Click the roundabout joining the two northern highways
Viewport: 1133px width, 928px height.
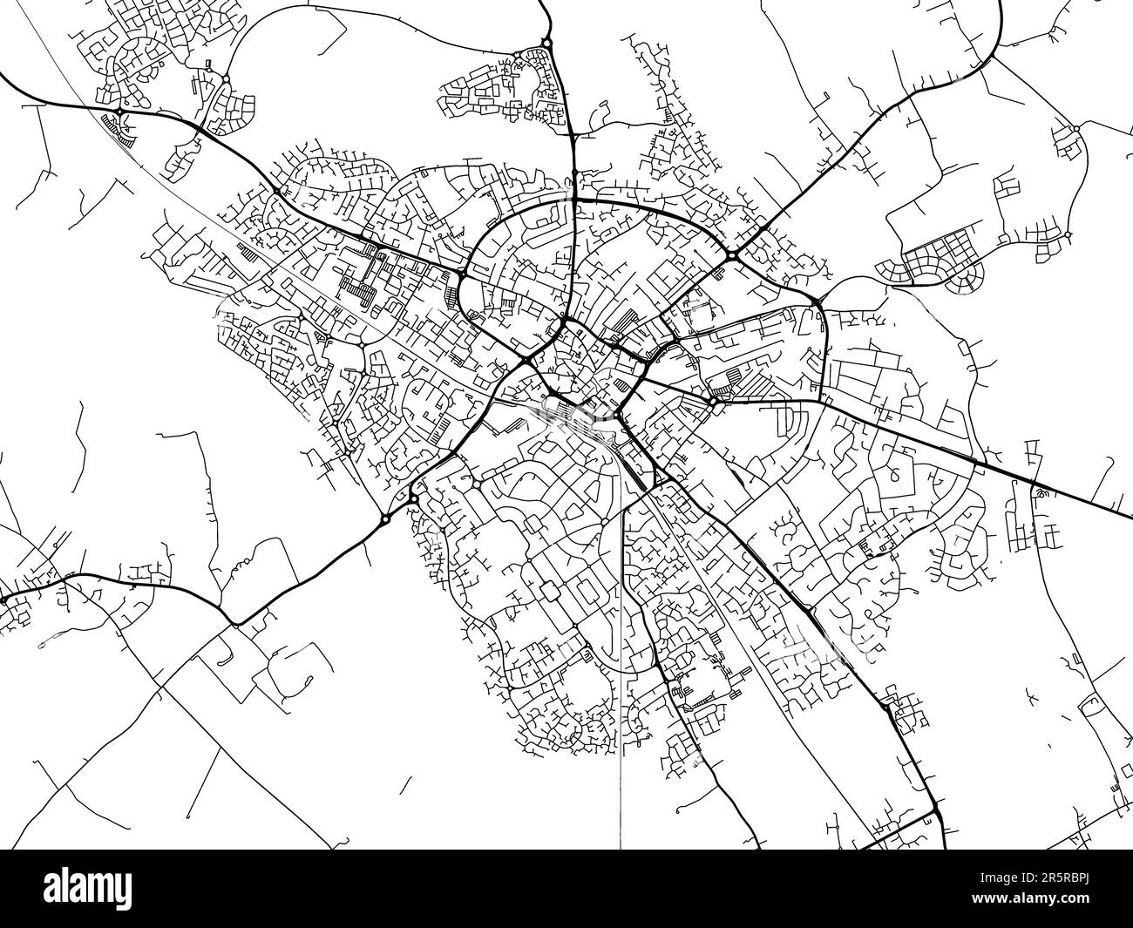pos(546,43)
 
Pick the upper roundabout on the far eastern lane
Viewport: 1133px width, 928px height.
pos(1077,129)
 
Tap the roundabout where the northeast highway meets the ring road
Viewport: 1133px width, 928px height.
pos(732,256)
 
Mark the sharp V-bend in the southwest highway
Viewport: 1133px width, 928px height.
pos(235,623)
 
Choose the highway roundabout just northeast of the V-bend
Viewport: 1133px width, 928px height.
pos(384,519)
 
